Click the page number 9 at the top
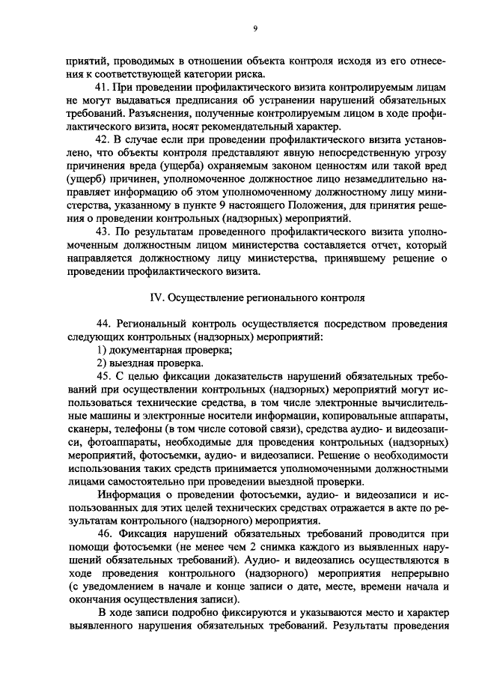pyautogui.click(x=254, y=29)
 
